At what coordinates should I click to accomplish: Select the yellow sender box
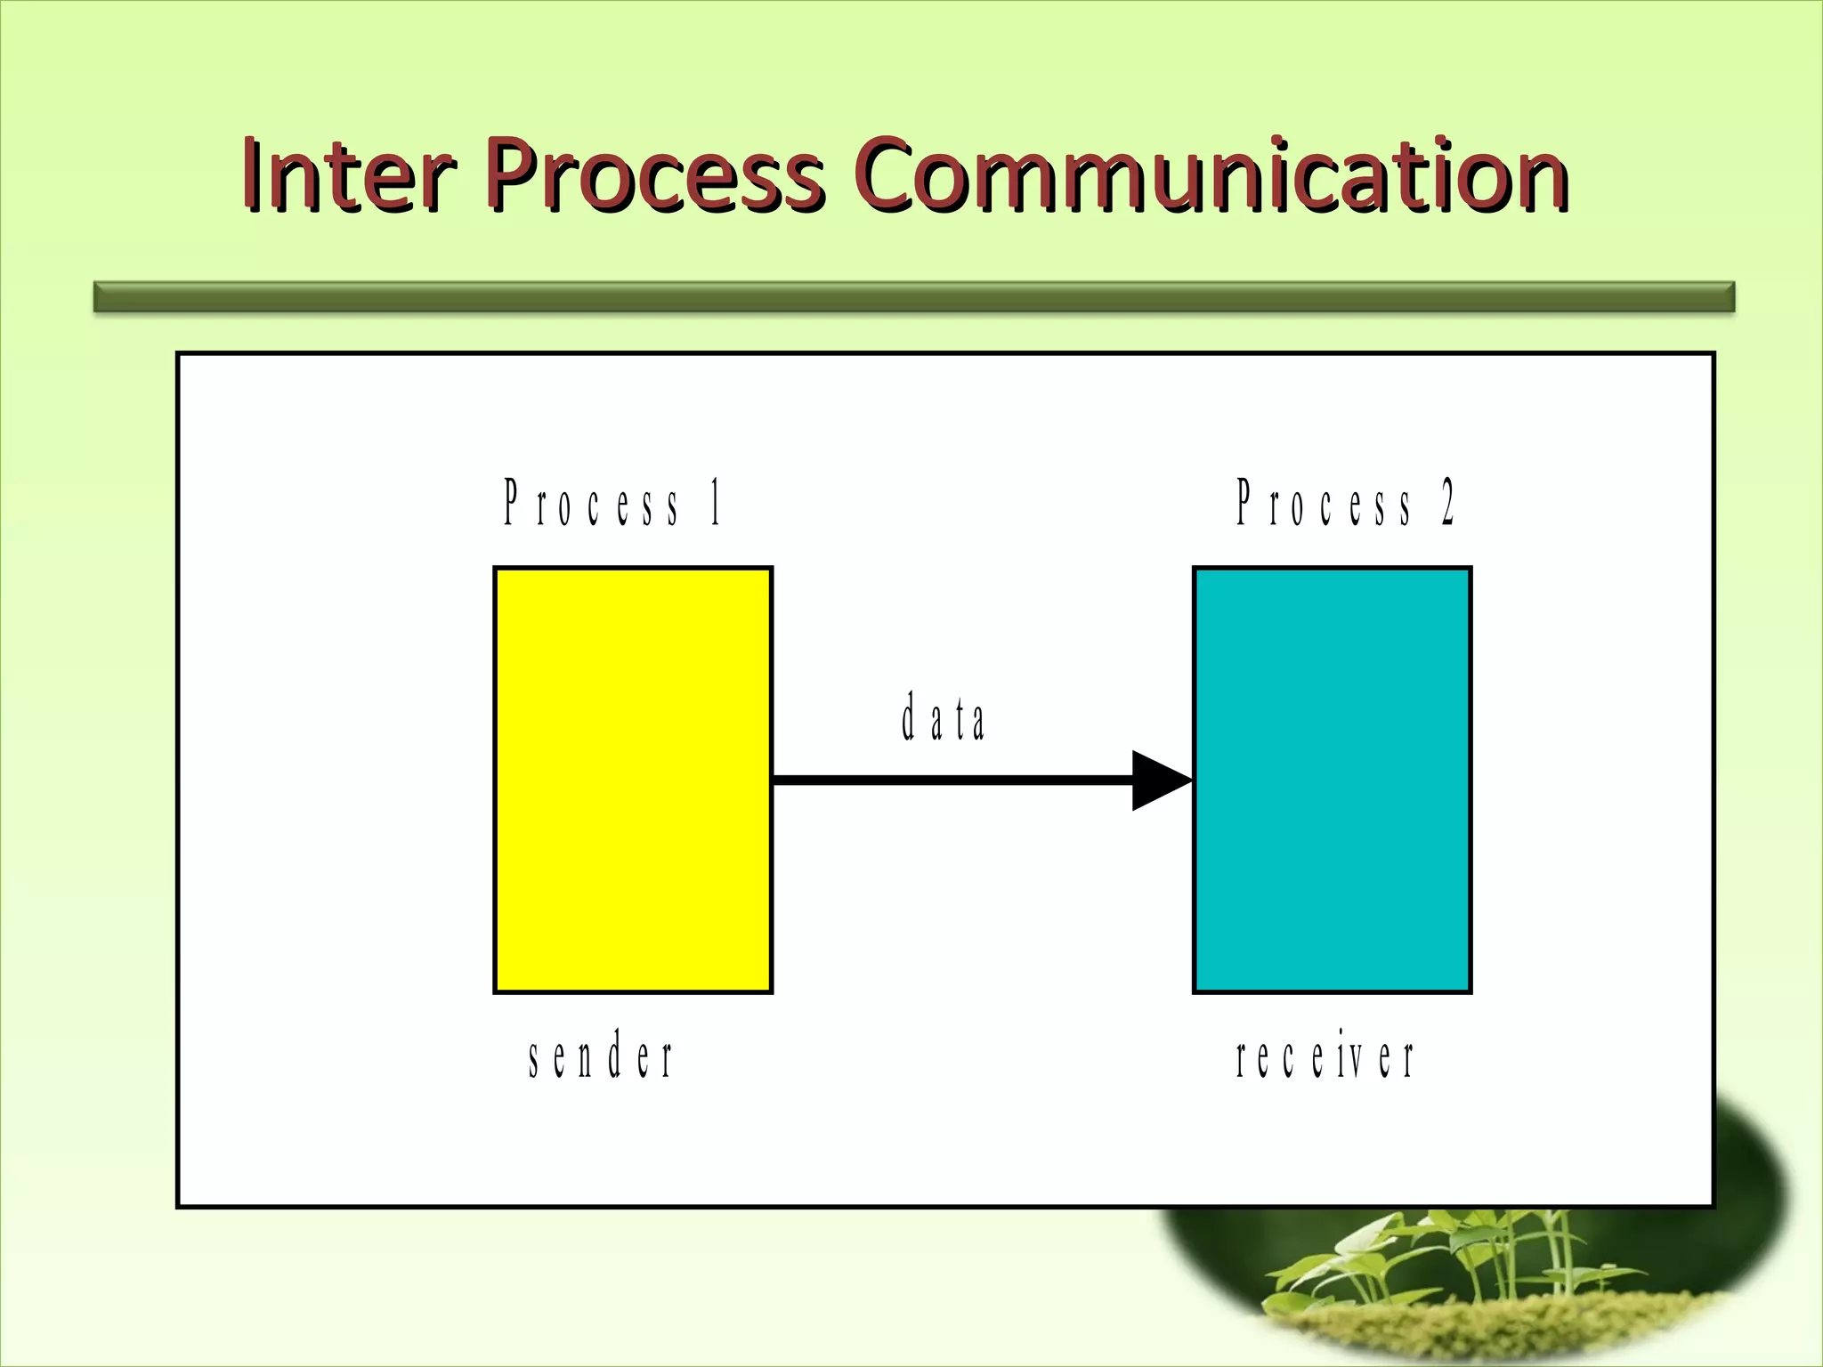point(633,780)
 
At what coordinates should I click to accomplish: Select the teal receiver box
point(1332,780)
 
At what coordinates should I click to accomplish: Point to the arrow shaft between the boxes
point(952,781)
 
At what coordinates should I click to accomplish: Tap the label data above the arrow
point(943,718)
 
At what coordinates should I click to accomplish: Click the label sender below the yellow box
point(601,1056)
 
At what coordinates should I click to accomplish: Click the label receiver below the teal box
point(1325,1058)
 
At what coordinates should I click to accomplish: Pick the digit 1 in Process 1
point(716,503)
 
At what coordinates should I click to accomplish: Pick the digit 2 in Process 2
point(1448,503)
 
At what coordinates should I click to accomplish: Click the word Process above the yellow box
point(591,504)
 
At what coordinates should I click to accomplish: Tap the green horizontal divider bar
point(913,296)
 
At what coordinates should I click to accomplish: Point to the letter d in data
point(909,717)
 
